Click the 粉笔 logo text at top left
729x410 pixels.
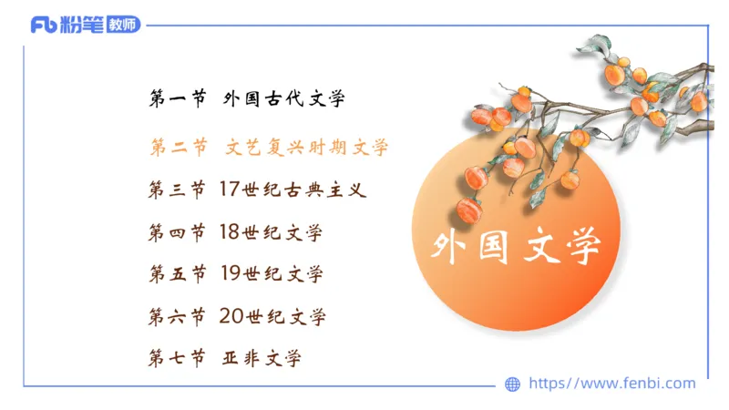(x=81, y=25)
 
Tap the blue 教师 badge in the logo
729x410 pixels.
(x=123, y=25)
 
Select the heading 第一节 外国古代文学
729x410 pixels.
(x=247, y=98)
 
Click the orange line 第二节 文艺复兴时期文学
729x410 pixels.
(x=269, y=146)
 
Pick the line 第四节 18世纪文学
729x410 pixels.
(x=236, y=232)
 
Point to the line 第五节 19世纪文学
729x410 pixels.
(x=236, y=274)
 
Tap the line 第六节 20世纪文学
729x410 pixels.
(x=237, y=316)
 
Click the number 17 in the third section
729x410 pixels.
(x=229, y=190)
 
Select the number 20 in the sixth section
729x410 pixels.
(x=230, y=316)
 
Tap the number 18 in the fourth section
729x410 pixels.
(x=229, y=232)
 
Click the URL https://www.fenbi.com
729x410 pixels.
(x=611, y=384)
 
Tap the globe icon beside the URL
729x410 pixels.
(x=512, y=384)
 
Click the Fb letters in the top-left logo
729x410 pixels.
(x=43, y=25)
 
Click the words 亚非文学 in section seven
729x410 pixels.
(x=262, y=358)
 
